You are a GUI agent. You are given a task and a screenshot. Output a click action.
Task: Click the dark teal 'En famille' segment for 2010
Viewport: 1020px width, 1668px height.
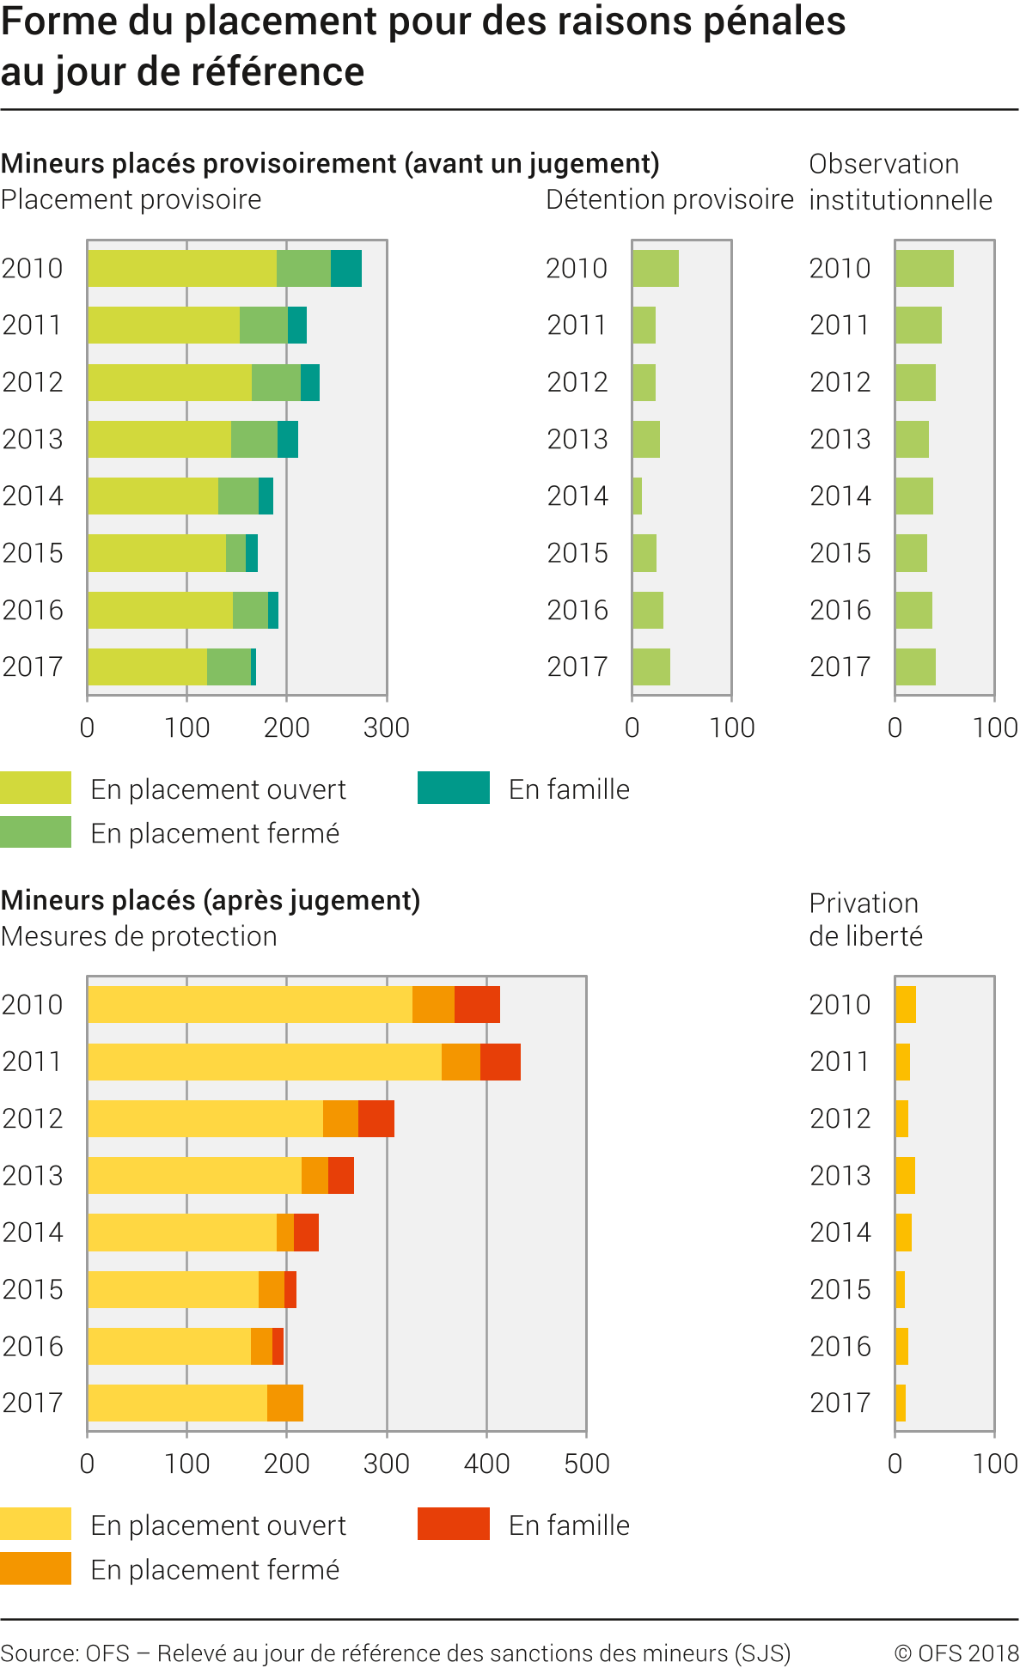pos(345,268)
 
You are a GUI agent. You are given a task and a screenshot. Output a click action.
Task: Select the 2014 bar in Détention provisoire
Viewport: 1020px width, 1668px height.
pos(637,496)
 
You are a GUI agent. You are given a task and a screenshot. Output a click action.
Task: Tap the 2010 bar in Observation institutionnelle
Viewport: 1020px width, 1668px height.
pos(924,268)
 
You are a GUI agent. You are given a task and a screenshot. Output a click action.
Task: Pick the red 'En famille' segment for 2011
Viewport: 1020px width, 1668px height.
pos(500,1062)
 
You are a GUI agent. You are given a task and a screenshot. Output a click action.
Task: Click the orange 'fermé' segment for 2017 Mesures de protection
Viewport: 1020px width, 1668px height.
pos(285,1403)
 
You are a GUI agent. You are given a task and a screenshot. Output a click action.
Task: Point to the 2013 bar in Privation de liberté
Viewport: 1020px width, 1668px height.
pos(905,1175)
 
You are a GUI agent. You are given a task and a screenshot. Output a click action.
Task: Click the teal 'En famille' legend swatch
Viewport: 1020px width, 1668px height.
pos(453,788)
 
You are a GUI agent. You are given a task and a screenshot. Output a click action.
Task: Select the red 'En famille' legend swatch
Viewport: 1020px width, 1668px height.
pos(453,1524)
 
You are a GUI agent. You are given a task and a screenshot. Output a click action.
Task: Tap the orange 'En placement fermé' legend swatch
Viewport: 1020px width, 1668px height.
pos(35,1568)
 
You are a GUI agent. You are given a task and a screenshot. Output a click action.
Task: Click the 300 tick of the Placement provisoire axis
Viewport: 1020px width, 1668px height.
pos(387,727)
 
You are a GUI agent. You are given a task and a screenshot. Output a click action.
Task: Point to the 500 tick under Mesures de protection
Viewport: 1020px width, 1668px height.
pos(586,1464)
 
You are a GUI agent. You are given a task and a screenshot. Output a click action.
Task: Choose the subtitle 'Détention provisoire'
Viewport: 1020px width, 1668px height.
pos(669,199)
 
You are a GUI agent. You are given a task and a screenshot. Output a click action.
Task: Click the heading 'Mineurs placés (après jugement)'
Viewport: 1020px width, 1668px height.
pos(211,900)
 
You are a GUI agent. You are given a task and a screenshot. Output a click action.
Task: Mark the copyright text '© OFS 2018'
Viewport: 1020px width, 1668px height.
pos(956,1653)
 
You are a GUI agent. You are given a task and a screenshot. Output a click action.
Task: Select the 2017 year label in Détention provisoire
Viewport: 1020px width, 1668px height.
pos(577,667)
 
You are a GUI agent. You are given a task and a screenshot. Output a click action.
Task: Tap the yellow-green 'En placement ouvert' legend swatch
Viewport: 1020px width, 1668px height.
pos(35,788)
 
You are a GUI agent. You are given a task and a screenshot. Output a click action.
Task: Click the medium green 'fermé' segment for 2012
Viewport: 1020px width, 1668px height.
pos(276,382)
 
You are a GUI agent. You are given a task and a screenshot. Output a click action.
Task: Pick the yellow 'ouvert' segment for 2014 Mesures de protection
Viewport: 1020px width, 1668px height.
pos(181,1233)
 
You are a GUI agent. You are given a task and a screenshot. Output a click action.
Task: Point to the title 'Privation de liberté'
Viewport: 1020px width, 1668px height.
pos(865,919)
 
